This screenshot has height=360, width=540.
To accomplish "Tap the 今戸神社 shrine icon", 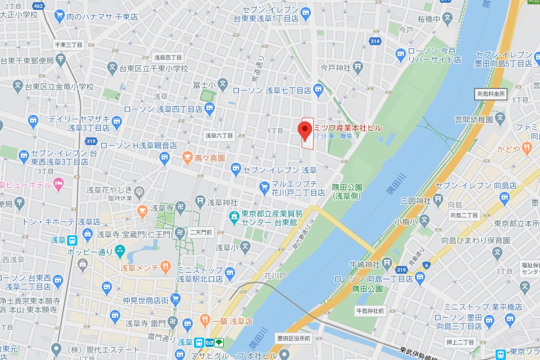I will (358, 68).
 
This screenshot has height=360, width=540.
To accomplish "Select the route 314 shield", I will (375, 41).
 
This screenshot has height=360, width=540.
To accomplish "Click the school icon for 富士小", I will (222, 85).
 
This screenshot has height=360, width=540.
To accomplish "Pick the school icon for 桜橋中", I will (449, 19).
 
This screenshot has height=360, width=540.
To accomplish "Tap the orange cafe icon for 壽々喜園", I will (188, 158).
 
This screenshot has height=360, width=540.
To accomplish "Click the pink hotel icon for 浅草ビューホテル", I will (59, 183).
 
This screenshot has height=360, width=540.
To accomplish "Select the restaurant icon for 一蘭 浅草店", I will (205, 320).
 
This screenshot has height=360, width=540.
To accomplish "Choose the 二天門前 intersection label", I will (201, 232).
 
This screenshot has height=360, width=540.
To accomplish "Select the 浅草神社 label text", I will (222, 202).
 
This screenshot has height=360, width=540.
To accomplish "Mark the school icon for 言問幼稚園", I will (500, 118).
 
